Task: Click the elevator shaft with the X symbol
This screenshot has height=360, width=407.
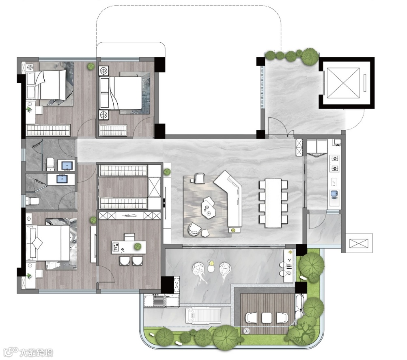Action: coord(343,83)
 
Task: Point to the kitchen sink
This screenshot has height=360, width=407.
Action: coord(334,194)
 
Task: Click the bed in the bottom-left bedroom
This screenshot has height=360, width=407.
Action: coord(48,243)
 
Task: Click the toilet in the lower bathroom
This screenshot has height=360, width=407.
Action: coord(32,201)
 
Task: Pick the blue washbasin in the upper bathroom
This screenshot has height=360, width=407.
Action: coord(67,165)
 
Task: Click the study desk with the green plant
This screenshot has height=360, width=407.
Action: coord(129,248)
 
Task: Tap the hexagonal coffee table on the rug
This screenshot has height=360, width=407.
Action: coord(209,206)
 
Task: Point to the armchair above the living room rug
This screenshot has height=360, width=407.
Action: coord(199,178)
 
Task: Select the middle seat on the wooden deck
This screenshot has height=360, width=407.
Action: coord(267,318)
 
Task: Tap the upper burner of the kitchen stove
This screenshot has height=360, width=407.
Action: coord(335,158)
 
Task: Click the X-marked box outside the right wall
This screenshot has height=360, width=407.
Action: coord(359,244)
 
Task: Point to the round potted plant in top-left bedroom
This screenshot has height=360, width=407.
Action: coord(90,67)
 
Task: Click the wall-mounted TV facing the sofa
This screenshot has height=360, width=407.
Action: coord(165,203)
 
